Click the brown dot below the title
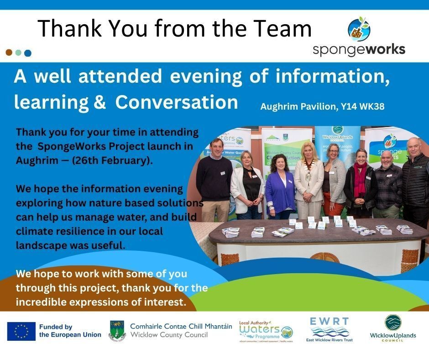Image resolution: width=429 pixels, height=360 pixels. click(x=9, y=53)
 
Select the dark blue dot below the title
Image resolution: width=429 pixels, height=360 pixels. click(x=28, y=53)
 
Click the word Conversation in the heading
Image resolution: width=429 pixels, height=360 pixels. click(x=177, y=102)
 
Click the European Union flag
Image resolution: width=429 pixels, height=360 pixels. click(x=21, y=331)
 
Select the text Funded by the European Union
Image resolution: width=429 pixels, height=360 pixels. click(x=70, y=331)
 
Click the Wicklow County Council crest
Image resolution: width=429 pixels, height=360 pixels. click(x=117, y=331)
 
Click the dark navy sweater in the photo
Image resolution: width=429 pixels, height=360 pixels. click(x=214, y=178)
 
